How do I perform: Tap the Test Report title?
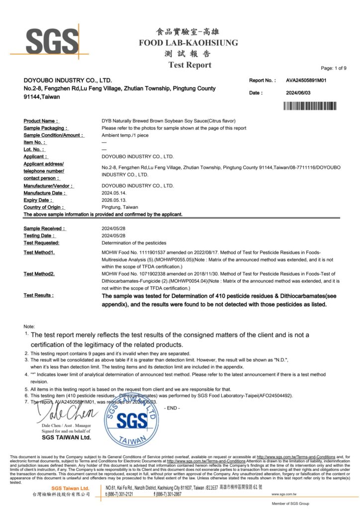pyautogui.click(x=189, y=65)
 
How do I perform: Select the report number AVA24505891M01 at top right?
pyautogui.click(x=306, y=80)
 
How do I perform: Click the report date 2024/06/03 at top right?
pyautogui.click(x=298, y=93)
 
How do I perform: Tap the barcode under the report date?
pyautogui.click(x=310, y=105)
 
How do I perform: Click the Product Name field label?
pyautogui.click(x=41, y=121)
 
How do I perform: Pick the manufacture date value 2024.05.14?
pyautogui.click(x=115, y=193)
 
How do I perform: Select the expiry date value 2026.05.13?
pyautogui.click(x=115, y=200)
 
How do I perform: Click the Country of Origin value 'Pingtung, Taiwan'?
pyautogui.click(x=120, y=207)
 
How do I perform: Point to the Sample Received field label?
pyautogui.click(x=44, y=229)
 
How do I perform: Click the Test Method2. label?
pyautogui.click(x=39, y=274)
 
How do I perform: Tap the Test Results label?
pyautogui.click(x=39, y=295)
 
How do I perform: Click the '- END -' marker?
pyautogui.click(x=172, y=408)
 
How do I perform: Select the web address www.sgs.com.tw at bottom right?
pyautogui.click(x=284, y=494)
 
